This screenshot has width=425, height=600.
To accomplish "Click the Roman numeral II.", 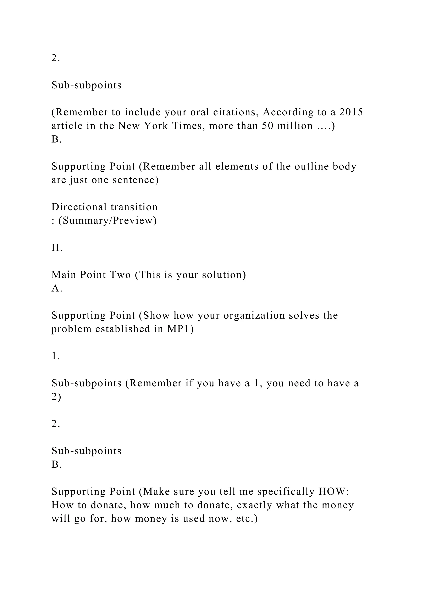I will tap(57, 247).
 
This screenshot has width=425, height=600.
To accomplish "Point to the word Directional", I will tap(79, 207).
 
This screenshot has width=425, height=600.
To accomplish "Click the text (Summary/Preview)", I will tap(107, 221).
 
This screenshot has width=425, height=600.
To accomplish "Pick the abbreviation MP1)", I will tap(180, 329).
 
